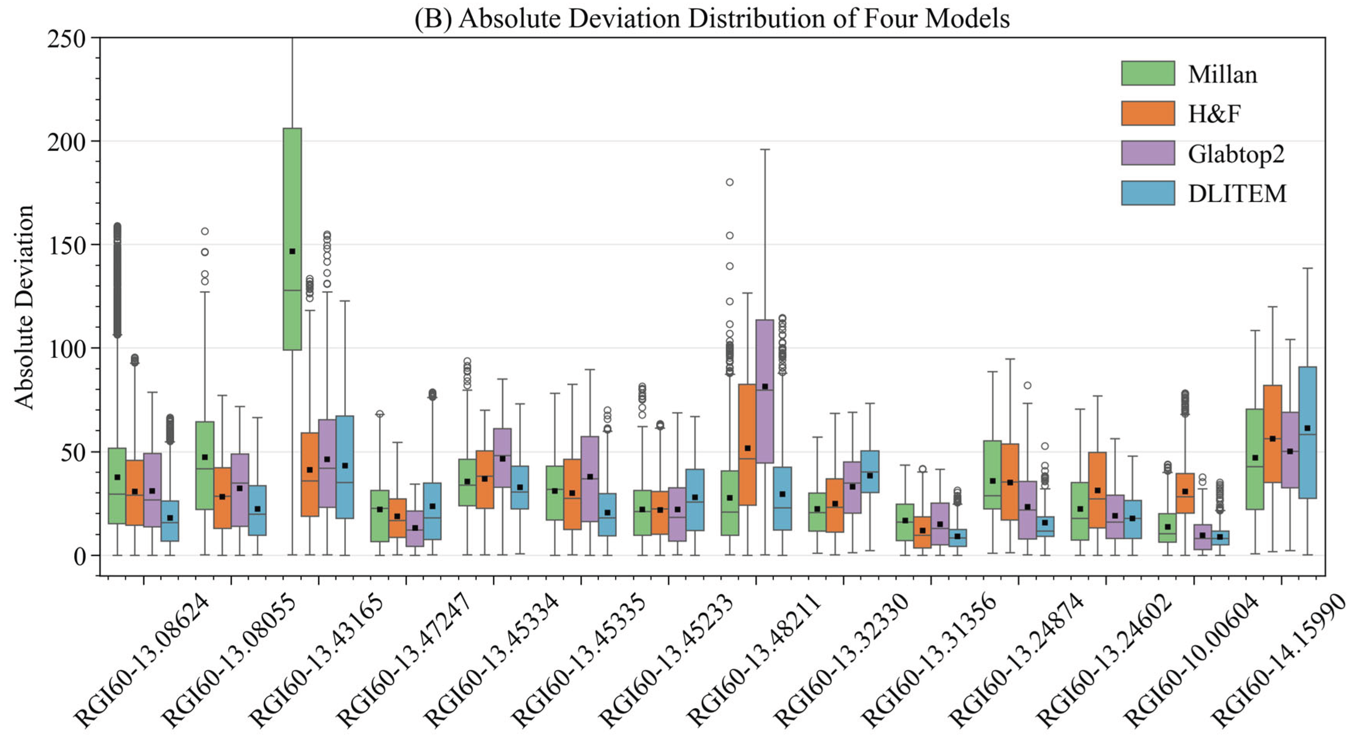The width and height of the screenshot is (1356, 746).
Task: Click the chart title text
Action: click(x=712, y=19)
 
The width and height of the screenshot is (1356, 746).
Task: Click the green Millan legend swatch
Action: click(x=1147, y=73)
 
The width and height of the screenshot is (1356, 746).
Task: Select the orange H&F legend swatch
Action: click(x=1147, y=113)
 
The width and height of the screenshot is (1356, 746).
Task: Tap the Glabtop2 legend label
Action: click(x=1235, y=154)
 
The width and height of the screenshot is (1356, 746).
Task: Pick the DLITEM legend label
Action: click(x=1236, y=194)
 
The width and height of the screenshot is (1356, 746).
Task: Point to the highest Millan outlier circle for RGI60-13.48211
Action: click(x=730, y=182)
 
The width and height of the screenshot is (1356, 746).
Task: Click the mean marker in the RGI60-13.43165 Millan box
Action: click(x=292, y=251)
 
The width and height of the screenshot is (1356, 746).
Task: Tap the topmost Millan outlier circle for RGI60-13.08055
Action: click(x=205, y=231)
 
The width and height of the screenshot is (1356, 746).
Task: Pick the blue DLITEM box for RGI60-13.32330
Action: click(x=870, y=472)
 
